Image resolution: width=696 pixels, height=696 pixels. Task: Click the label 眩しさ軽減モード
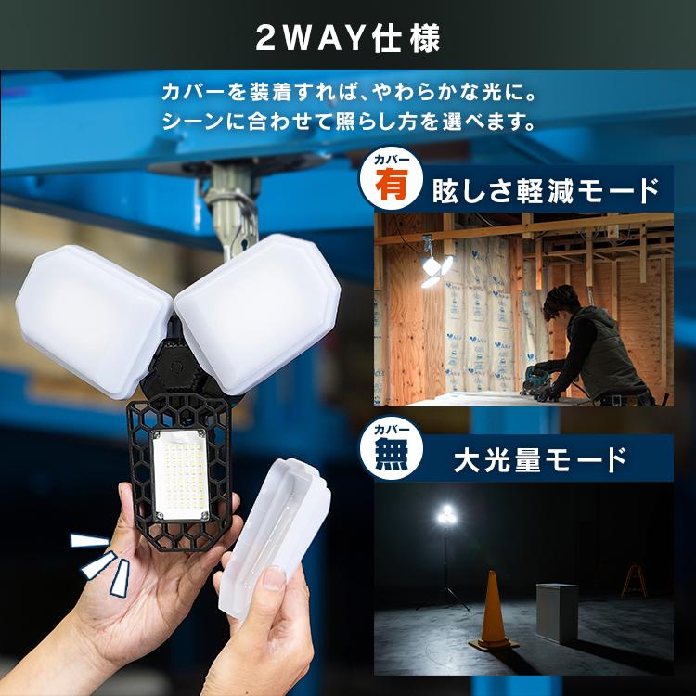click(x=546, y=191)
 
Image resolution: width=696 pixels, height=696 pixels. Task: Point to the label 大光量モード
click(x=539, y=458)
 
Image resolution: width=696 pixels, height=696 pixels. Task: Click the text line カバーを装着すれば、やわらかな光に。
click(x=350, y=95)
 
